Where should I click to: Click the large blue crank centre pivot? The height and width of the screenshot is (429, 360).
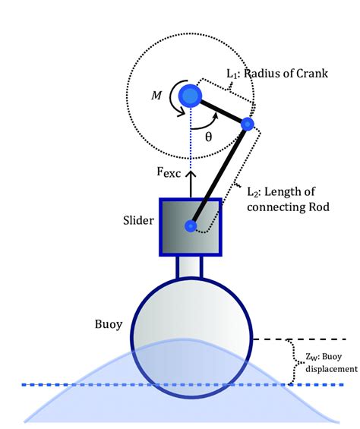pos(188,94)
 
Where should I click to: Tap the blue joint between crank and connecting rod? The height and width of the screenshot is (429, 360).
pos(247,123)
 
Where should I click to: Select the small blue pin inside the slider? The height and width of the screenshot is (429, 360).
pos(191,226)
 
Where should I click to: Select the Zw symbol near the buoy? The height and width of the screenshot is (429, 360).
pos(303,355)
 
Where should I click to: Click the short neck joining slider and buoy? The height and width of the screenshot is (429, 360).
pos(190,267)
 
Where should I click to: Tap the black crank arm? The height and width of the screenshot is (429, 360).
pos(218,109)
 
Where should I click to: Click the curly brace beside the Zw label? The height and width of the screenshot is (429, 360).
pos(290,360)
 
